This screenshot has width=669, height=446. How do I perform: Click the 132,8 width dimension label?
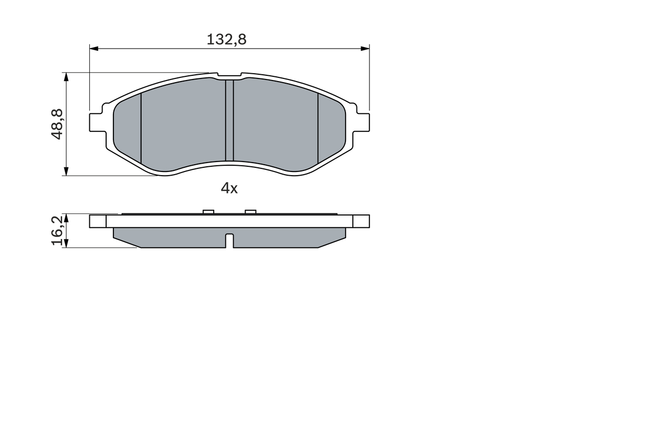(x=226, y=39)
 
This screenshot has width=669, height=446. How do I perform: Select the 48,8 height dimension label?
(x=57, y=124)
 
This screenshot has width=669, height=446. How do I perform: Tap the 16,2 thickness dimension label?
(x=57, y=231)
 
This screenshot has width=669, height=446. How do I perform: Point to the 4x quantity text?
(x=229, y=188)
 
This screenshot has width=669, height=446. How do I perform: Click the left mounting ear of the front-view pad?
(x=96, y=122)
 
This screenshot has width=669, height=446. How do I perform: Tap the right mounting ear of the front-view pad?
(x=363, y=122)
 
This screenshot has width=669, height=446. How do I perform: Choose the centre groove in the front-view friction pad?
(x=229, y=121)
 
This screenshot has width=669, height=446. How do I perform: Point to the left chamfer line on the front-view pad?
(x=141, y=128)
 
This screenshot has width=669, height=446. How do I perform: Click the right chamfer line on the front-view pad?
(x=318, y=128)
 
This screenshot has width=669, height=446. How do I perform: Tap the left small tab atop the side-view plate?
(x=208, y=212)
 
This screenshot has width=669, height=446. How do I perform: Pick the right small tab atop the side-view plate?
(x=250, y=212)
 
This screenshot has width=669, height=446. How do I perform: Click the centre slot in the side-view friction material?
(x=229, y=241)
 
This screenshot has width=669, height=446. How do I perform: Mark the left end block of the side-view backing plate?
(x=98, y=221)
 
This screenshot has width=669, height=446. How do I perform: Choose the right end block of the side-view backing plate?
(x=361, y=221)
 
